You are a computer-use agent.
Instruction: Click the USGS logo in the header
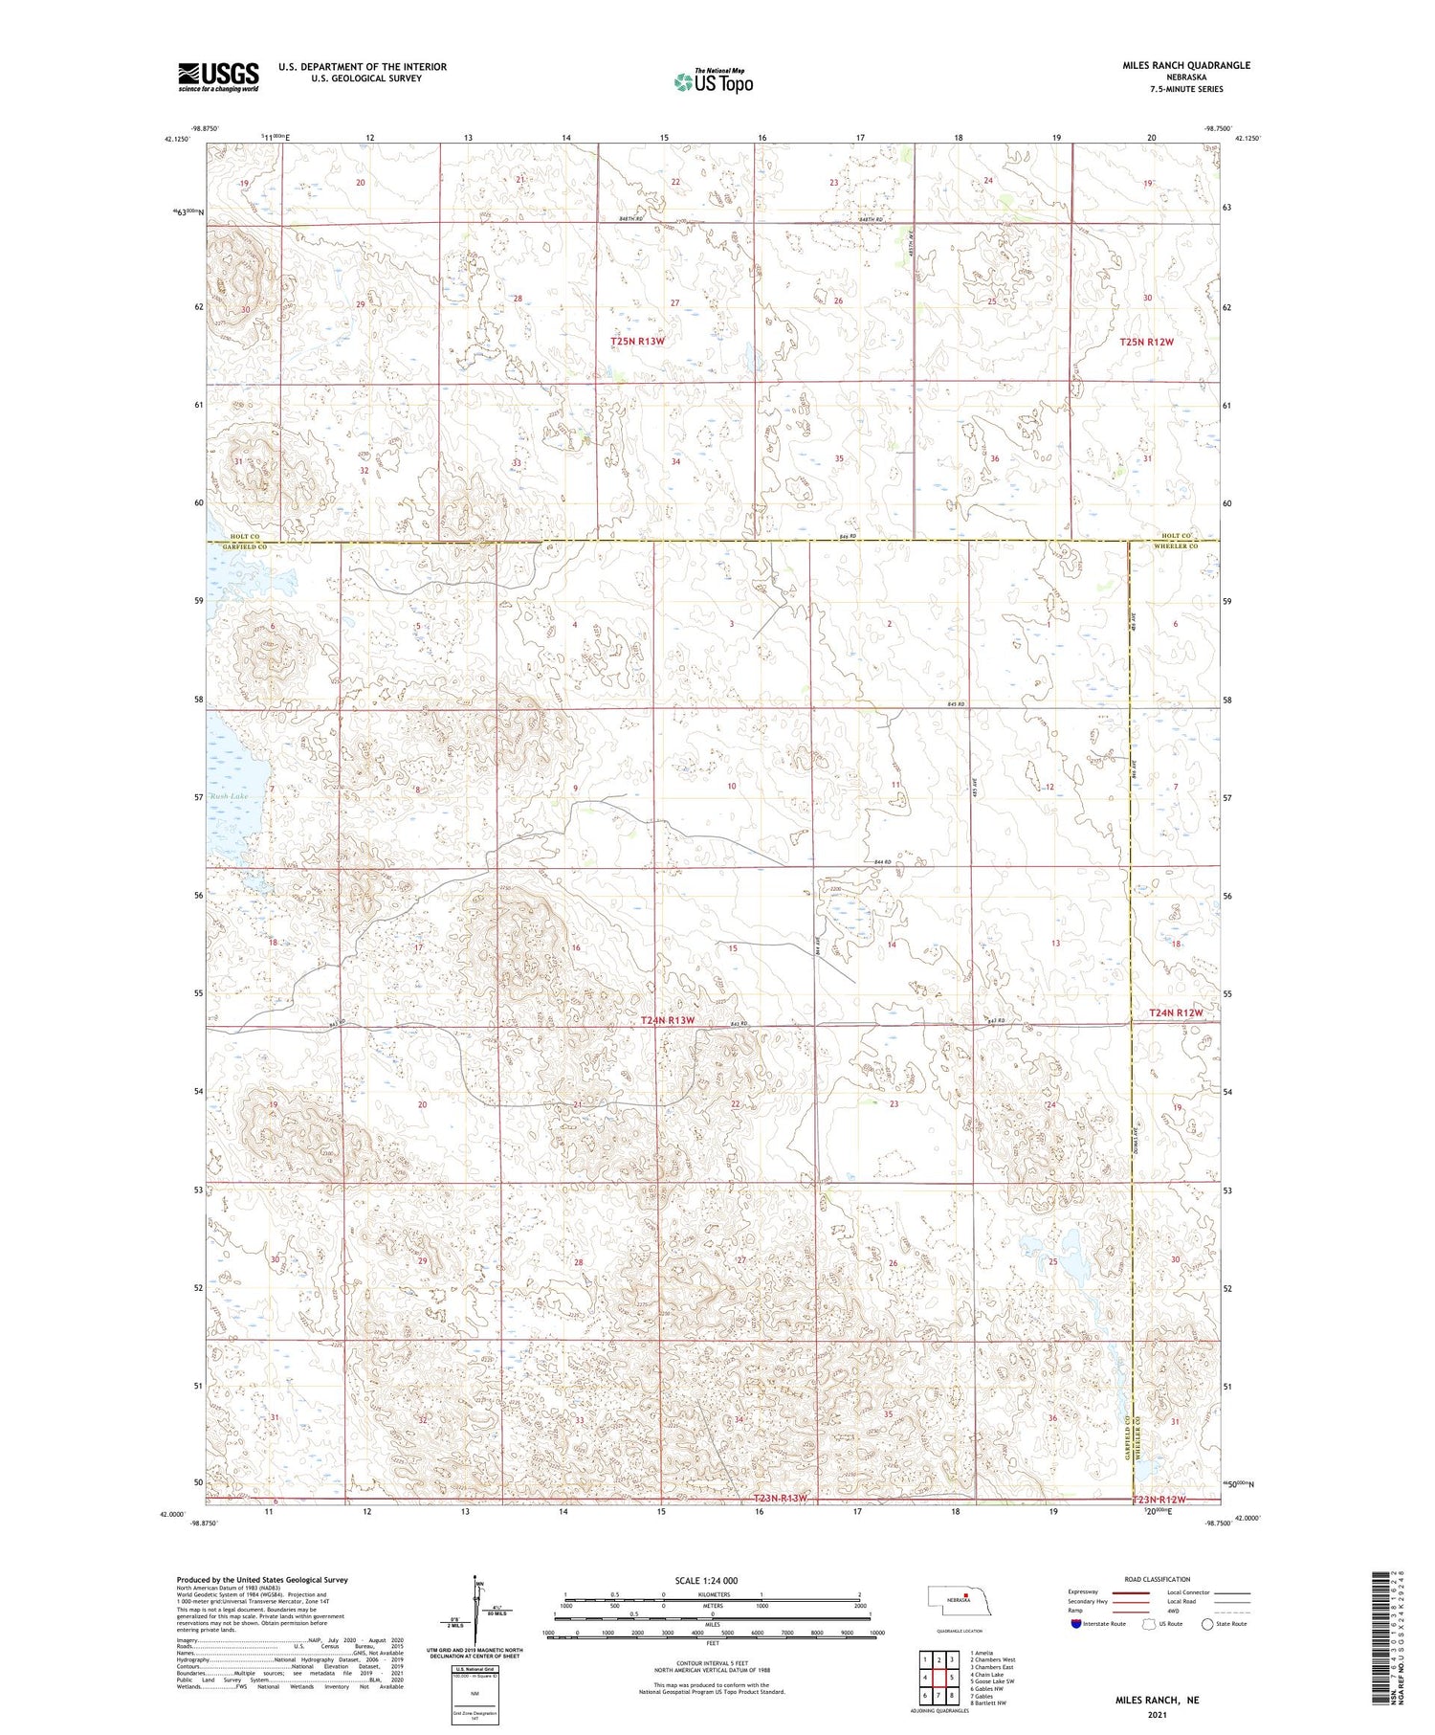[x=218, y=77]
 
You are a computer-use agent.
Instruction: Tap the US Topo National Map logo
[x=713, y=81]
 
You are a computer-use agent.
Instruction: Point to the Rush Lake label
[x=230, y=796]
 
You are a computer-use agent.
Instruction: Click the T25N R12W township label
[x=1146, y=342]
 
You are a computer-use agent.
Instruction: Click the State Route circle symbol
[x=1208, y=1624]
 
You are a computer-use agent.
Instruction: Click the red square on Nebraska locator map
[x=966, y=1594]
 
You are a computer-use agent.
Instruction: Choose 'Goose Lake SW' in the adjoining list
[x=992, y=1680]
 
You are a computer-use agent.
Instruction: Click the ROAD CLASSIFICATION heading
[x=1158, y=1580]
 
